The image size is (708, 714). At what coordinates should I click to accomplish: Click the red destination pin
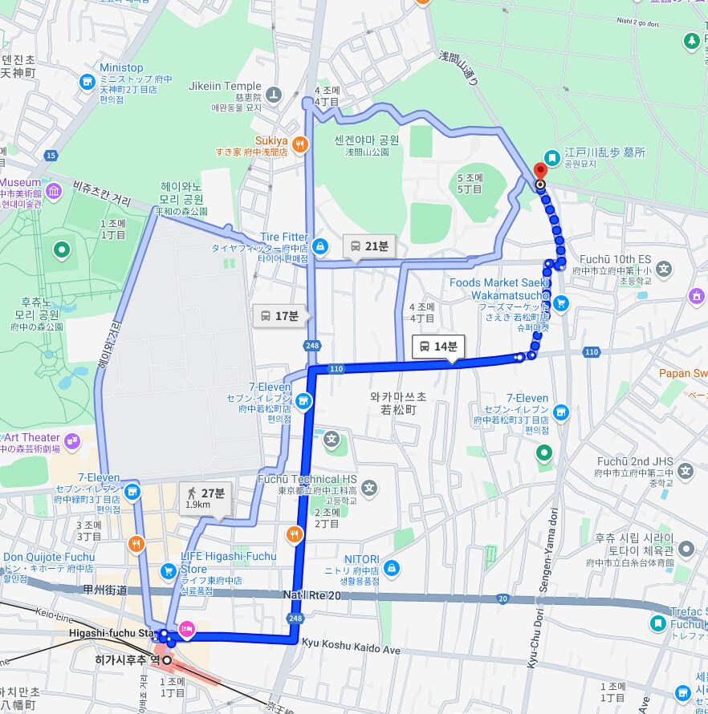tap(539, 171)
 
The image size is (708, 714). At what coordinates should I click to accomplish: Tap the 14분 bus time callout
tap(438, 347)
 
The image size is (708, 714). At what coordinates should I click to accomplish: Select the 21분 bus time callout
tap(369, 246)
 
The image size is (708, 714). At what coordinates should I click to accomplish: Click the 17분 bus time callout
tap(279, 316)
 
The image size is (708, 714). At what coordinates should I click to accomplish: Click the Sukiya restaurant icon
tap(299, 144)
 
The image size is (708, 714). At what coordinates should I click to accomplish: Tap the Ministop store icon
tap(87, 81)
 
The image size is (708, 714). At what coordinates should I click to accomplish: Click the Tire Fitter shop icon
tap(320, 245)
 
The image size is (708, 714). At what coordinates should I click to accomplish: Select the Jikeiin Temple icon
tap(275, 95)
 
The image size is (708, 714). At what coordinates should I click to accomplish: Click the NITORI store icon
tap(391, 568)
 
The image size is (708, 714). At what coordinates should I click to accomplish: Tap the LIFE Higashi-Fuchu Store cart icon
tap(169, 570)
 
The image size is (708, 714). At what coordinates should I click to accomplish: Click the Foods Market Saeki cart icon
tap(561, 302)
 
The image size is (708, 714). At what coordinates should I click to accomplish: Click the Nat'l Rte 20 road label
tap(312, 594)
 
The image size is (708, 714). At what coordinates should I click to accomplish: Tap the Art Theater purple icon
tap(73, 440)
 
